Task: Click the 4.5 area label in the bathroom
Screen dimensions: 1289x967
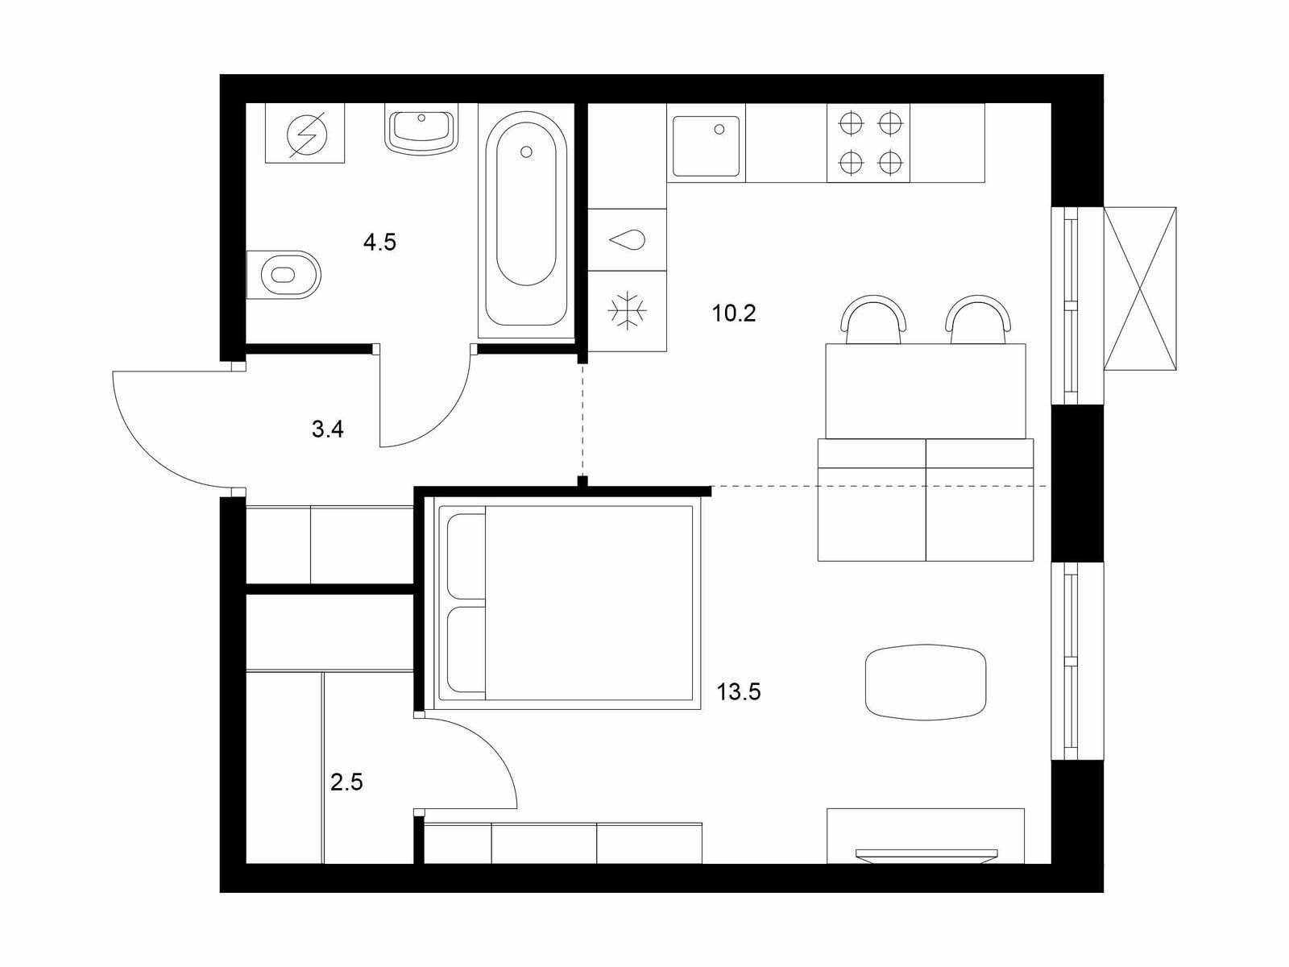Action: coord(379,242)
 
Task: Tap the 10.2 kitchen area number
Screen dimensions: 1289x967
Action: coord(734,313)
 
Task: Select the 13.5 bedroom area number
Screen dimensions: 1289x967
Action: coord(739,692)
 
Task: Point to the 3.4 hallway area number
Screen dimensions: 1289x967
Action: coord(328,430)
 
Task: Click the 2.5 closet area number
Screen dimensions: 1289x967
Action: coord(346,782)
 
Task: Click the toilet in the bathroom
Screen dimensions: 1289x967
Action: coord(284,275)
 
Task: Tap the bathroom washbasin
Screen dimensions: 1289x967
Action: coord(421,129)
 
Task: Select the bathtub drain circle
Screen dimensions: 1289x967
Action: coord(526,152)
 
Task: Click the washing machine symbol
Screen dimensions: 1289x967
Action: coord(305,133)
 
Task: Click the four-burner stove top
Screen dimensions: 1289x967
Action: coord(868,143)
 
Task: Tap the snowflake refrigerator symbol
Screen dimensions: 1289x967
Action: coord(627,310)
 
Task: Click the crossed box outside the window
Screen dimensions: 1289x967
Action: coord(1140,288)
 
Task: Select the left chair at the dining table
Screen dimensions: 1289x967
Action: coord(873,320)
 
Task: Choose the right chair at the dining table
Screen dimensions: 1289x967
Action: coord(978,320)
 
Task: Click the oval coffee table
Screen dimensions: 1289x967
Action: coord(926,682)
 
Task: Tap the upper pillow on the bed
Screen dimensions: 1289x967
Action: coord(466,556)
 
